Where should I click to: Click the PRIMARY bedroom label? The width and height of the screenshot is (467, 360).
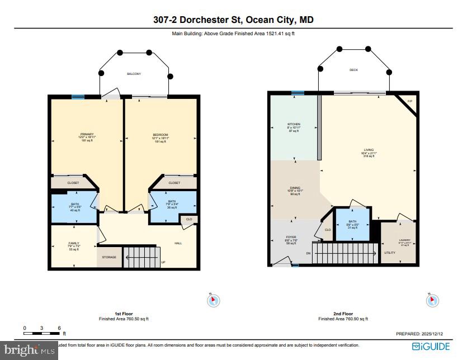pos(87,135)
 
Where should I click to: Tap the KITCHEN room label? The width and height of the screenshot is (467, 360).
pos(294,124)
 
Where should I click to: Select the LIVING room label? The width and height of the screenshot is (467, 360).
pos(369,150)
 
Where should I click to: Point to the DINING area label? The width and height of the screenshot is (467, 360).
pos(295,188)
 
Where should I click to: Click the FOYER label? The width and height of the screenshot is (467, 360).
pos(291,237)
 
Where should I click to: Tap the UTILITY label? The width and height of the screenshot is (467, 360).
pos(390,253)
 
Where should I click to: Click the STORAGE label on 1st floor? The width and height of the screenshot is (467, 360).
pos(109,257)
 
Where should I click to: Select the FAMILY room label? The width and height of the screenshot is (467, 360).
pos(74,243)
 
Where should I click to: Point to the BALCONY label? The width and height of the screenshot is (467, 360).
pos(134,74)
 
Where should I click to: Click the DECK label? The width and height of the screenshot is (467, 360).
pos(353,70)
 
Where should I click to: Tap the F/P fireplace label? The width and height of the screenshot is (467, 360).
pos(409,101)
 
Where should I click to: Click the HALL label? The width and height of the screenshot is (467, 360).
pos(178,243)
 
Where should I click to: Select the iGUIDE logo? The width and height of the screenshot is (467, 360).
pos(431,346)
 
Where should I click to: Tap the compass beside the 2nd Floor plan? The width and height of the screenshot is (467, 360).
pos(431,300)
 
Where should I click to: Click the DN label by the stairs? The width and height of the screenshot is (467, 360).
pos(308,253)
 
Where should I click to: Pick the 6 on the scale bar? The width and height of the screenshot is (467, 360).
pos(59,328)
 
